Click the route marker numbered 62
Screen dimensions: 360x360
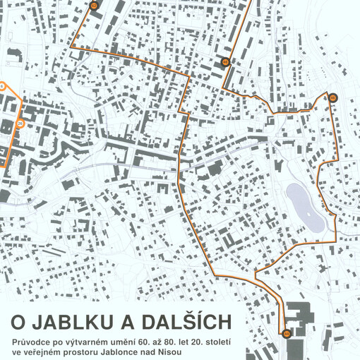[94, 5]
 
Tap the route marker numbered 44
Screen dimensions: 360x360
[286, 332]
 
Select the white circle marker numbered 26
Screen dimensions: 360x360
[20, 124]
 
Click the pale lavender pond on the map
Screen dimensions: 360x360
[304, 205]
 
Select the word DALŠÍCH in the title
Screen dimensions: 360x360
[186, 323]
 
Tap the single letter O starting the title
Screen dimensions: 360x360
[18, 323]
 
